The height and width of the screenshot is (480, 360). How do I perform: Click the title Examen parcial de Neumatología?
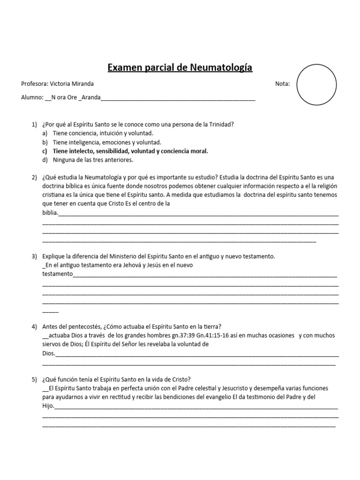click(x=180, y=68)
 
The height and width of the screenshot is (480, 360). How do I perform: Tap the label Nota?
click(x=283, y=84)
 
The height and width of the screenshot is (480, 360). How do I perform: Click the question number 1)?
click(x=34, y=124)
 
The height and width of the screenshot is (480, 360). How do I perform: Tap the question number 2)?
click(x=34, y=177)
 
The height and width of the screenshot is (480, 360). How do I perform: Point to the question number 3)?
click(x=34, y=256)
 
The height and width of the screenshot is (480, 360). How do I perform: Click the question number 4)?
click(x=34, y=327)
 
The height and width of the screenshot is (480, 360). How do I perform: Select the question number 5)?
click(x=34, y=380)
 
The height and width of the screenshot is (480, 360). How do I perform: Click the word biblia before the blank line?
click(x=50, y=212)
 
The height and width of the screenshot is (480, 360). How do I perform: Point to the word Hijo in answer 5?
click(x=48, y=406)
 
